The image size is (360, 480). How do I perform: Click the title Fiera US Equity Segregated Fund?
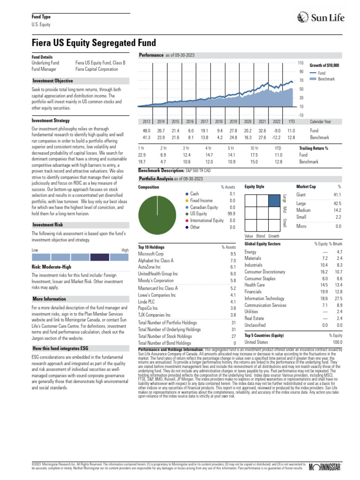tap(94, 43)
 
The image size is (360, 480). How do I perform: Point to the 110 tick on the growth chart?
tap(300, 63)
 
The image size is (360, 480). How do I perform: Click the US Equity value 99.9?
tap(231, 214)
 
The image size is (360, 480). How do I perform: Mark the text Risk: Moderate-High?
tap(51, 267)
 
